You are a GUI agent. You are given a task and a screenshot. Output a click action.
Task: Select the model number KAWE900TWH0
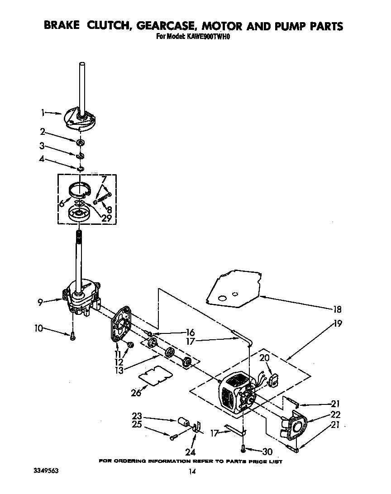click(x=209, y=38)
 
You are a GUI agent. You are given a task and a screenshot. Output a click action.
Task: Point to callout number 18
click(x=337, y=310)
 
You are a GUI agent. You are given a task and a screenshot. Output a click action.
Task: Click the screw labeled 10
click(x=72, y=335)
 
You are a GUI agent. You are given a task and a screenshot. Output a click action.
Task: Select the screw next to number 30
click(x=244, y=449)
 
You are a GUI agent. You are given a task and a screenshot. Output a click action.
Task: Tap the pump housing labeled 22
click(x=296, y=427)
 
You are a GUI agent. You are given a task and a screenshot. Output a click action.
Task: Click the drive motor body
click(x=234, y=394)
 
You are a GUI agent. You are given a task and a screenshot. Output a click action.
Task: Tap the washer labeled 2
click(x=80, y=143)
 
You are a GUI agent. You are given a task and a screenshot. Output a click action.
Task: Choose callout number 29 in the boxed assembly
click(x=107, y=217)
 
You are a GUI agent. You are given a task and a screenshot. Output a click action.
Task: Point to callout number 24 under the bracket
click(x=190, y=452)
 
